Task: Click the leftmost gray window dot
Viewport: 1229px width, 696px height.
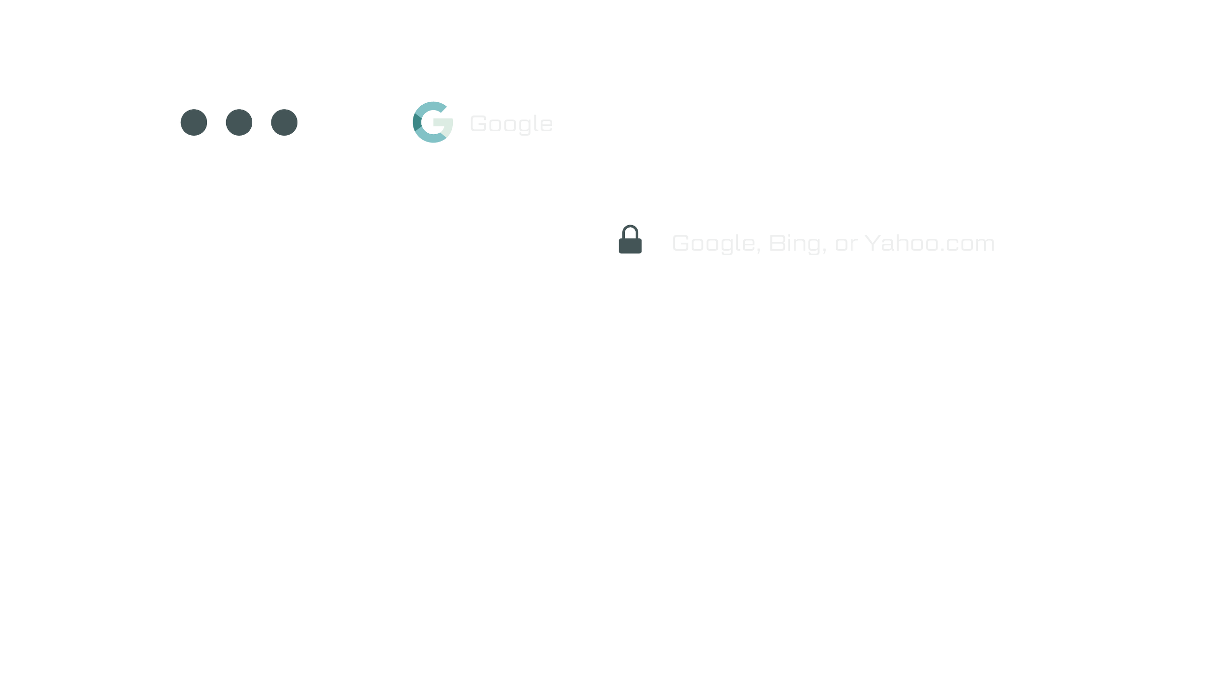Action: point(194,122)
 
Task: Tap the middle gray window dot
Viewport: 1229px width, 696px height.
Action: point(239,122)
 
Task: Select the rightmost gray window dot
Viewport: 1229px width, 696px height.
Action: point(284,122)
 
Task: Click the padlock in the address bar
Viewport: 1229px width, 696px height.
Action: point(630,240)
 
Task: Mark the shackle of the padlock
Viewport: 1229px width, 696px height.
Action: point(630,230)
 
